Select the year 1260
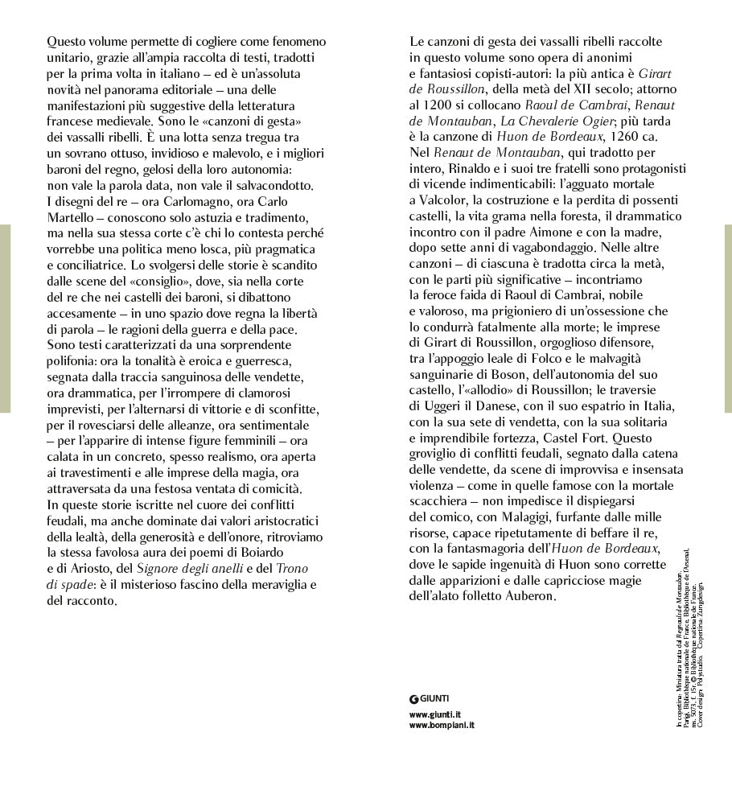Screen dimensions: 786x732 tap(631, 136)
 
